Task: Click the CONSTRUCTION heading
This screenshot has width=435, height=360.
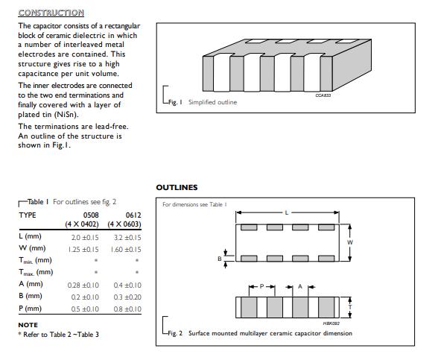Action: coord(51,13)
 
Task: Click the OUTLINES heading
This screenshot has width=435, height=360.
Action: coord(177,187)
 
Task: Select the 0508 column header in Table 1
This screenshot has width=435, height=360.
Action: coord(91,215)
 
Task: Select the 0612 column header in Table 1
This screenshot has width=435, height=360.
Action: coord(133,215)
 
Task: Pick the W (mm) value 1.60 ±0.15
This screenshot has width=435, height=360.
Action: coord(126,250)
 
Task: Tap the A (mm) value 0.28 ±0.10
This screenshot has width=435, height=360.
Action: coord(83,285)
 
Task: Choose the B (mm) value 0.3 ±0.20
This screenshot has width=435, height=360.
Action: coord(127,297)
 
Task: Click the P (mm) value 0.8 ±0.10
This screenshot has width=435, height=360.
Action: coord(127,309)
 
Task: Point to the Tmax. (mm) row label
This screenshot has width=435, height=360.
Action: coord(36,272)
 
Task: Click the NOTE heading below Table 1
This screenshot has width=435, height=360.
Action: coord(28,325)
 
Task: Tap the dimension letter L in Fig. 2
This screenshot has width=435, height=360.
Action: coord(287,213)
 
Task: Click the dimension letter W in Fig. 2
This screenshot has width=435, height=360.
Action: coord(350,242)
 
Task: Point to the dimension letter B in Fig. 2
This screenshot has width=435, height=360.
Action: coord(220,259)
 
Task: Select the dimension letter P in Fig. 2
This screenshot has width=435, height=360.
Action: coord(261,286)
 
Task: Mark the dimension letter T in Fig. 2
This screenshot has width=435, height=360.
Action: coord(350,307)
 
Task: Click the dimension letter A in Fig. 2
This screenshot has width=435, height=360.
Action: coord(300,286)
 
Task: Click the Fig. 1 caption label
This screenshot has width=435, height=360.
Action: coord(175,102)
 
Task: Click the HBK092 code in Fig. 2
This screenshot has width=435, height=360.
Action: coord(331,323)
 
